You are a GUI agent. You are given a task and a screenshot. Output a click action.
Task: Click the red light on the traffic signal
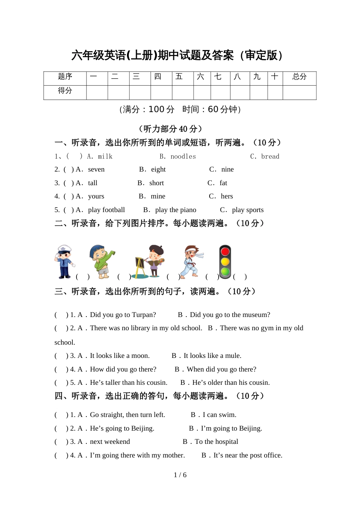pos(225,251)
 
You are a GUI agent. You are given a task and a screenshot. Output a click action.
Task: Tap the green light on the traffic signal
pos(225,272)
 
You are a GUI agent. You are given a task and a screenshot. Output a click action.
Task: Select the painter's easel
pos(140,267)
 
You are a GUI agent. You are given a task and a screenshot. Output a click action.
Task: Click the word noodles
pos(183,156)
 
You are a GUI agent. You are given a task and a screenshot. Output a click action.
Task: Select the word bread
pos(270,156)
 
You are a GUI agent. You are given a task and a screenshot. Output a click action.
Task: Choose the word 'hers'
pos(227,196)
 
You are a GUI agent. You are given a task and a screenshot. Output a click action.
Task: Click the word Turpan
pos(143,315)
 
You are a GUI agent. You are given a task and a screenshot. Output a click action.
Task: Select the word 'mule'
pos(233,356)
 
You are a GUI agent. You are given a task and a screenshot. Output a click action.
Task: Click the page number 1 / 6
pos(180,475)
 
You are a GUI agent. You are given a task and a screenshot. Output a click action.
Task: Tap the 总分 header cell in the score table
pos(299,77)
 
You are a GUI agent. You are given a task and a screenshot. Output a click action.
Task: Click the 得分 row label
pos(65,91)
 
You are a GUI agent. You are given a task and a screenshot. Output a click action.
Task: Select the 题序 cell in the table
pos(65,77)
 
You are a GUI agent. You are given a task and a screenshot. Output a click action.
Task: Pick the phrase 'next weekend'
pos(110,442)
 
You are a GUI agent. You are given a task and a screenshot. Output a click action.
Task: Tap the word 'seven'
pos(96,169)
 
